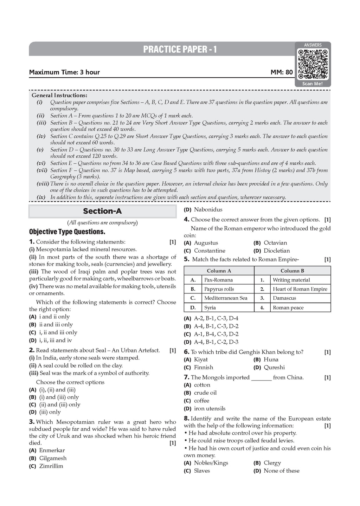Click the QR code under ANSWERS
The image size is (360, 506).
[x=313, y=64]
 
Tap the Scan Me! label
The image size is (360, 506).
[x=313, y=84]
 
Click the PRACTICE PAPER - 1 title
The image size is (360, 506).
[x=180, y=50]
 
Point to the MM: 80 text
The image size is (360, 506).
[x=282, y=72]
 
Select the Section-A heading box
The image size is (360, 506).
[x=102, y=211]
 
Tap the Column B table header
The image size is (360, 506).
[x=292, y=271]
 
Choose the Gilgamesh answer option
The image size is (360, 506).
[x=52, y=458]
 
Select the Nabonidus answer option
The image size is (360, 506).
[x=208, y=209]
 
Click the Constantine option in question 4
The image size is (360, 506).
[x=209, y=251]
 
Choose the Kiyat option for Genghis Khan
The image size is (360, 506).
[x=200, y=359]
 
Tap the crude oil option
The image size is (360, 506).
[x=205, y=393]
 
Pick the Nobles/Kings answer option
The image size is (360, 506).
[x=211, y=463]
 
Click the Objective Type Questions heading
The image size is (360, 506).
[x=67, y=232]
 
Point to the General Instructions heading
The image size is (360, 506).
[x=59, y=95]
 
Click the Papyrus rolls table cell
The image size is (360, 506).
[x=219, y=289]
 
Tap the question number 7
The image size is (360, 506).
[x=187, y=377]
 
